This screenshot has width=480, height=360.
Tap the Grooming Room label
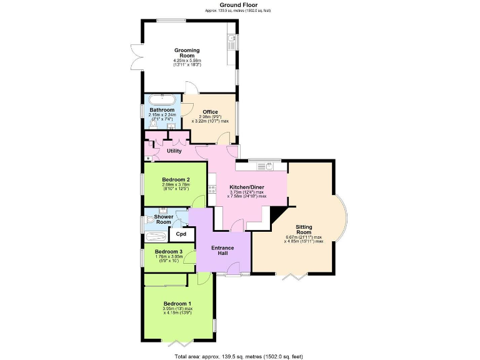click(187, 52)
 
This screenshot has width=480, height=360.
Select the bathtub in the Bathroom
click(162, 99)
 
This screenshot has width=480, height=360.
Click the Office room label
click(210, 112)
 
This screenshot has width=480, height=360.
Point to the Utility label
click(174, 151)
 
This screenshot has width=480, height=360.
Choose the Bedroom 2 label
click(176, 179)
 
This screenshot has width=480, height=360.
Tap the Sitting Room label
click(304, 231)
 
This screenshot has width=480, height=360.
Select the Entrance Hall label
click(222, 251)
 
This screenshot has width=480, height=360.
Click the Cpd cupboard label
click(181, 234)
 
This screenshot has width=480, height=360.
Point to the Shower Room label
click(163, 219)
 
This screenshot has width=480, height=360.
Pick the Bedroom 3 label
click(167, 251)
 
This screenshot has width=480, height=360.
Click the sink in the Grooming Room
click(232, 42)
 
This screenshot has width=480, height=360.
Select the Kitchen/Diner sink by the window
click(269, 166)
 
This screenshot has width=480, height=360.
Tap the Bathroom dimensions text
click(162, 117)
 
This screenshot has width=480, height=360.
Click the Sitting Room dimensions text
click(304, 239)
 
